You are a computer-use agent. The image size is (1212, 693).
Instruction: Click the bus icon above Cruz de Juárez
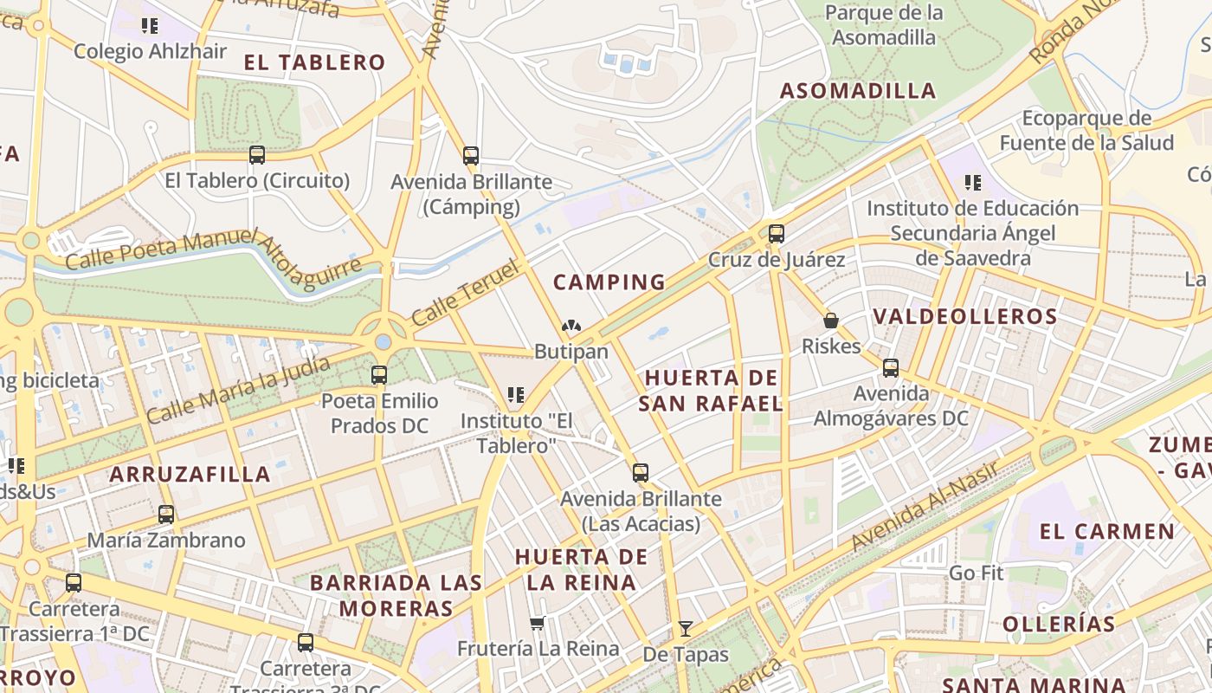coord(777,233)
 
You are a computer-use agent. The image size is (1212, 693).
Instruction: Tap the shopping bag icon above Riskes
coord(831,321)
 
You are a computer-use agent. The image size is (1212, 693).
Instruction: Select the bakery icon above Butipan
coord(571,327)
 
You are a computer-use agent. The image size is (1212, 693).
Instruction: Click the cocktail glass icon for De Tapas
coord(686,628)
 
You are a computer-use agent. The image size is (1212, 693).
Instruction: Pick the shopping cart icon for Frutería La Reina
coord(538,623)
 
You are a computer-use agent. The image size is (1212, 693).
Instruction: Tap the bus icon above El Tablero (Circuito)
coord(257,155)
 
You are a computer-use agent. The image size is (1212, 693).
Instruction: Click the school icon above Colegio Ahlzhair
coord(150,26)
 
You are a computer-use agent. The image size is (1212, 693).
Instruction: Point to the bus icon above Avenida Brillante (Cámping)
coord(471,156)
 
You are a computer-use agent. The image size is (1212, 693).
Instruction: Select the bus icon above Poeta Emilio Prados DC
coord(379,375)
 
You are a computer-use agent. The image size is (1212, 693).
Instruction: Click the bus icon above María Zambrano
coord(166,514)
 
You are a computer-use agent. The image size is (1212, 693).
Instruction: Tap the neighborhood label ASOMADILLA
coord(858,91)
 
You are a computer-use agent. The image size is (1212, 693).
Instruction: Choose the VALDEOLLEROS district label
coord(965,316)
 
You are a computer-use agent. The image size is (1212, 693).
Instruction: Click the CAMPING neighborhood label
coord(609,282)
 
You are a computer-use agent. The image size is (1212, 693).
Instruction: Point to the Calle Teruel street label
coord(465,293)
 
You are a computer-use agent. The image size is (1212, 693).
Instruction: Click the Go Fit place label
coord(976,573)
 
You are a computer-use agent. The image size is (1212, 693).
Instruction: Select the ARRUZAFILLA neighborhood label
coord(190,474)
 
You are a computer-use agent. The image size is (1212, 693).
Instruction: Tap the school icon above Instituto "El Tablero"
coord(516,395)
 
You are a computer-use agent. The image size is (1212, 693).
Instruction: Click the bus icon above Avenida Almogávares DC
coord(891,367)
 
